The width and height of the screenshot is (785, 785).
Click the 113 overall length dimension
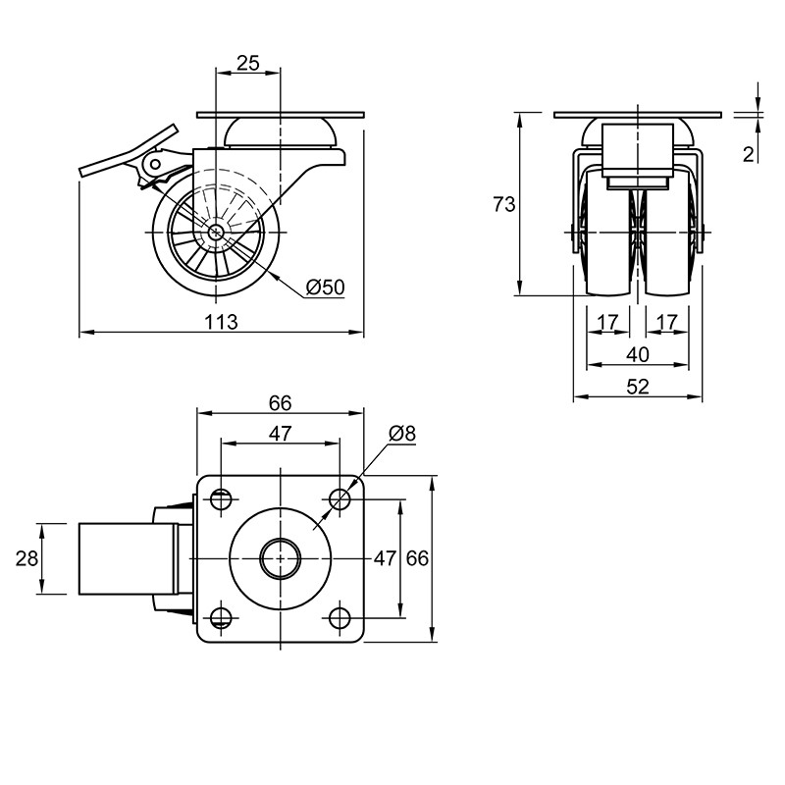point(221,322)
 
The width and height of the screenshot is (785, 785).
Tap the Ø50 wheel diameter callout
point(326,288)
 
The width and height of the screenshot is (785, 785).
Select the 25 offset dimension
point(248,63)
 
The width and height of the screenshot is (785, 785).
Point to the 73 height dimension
point(504,204)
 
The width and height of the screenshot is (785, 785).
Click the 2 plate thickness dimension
point(748,155)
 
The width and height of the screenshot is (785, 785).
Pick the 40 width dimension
point(638,354)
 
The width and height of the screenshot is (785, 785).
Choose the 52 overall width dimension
point(638,387)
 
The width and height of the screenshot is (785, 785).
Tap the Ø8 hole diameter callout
point(402,434)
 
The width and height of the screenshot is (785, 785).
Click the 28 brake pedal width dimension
point(26,558)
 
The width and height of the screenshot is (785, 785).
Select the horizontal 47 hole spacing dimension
point(280,434)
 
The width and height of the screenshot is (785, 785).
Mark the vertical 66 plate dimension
point(417,558)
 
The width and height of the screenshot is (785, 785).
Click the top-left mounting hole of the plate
point(221,499)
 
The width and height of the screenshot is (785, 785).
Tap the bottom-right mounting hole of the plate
point(340,618)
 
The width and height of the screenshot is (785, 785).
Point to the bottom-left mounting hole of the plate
point(221,618)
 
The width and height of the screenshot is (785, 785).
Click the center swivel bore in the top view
point(281,558)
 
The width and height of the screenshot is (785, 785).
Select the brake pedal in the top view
point(129,558)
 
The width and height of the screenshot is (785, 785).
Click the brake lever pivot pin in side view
point(155,164)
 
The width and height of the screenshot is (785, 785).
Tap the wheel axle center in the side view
point(216,233)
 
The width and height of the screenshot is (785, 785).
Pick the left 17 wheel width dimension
point(608,322)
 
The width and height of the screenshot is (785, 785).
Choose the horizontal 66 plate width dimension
point(280,403)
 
